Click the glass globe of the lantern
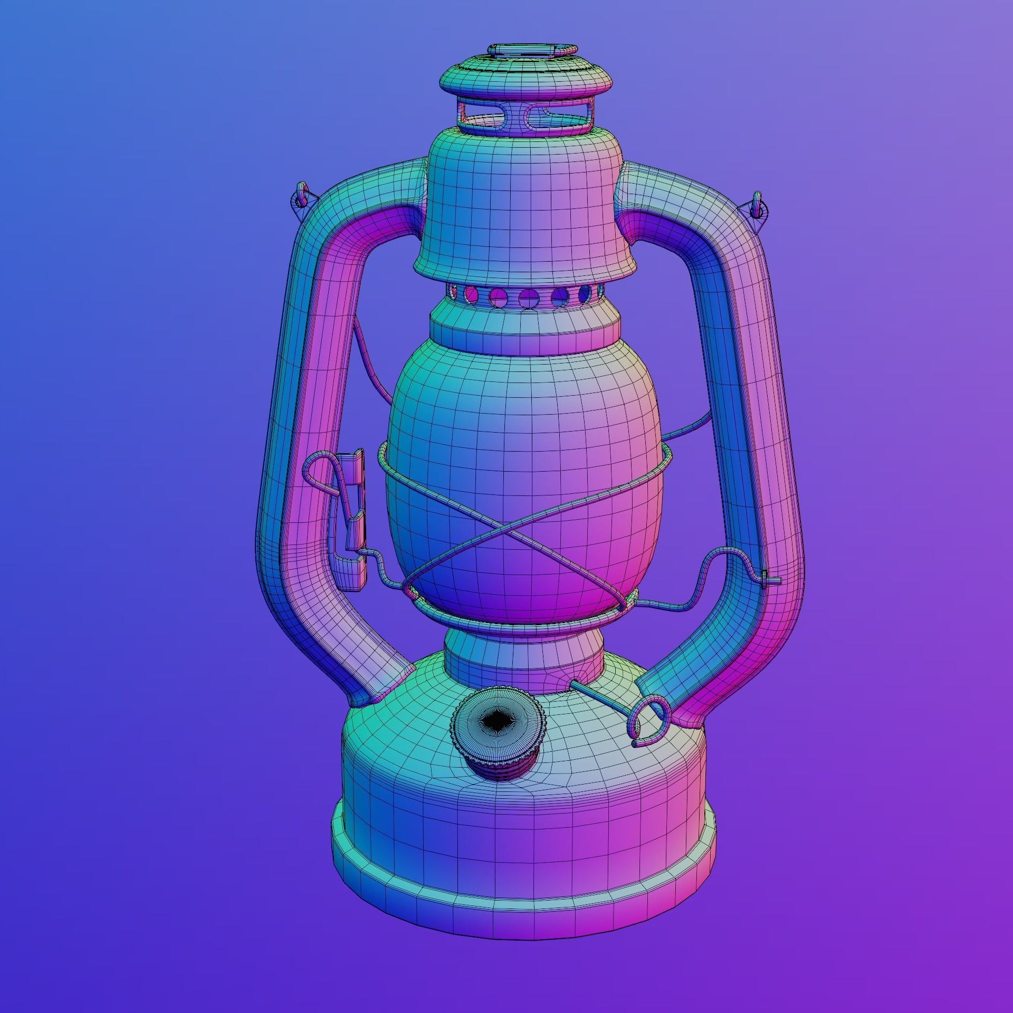pyautogui.click(x=522, y=422)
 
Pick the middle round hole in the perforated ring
pyautogui.click(x=527, y=298)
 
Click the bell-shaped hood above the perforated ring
pyautogui.click(x=522, y=211)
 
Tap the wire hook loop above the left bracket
pyautogui.click(x=317, y=467)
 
